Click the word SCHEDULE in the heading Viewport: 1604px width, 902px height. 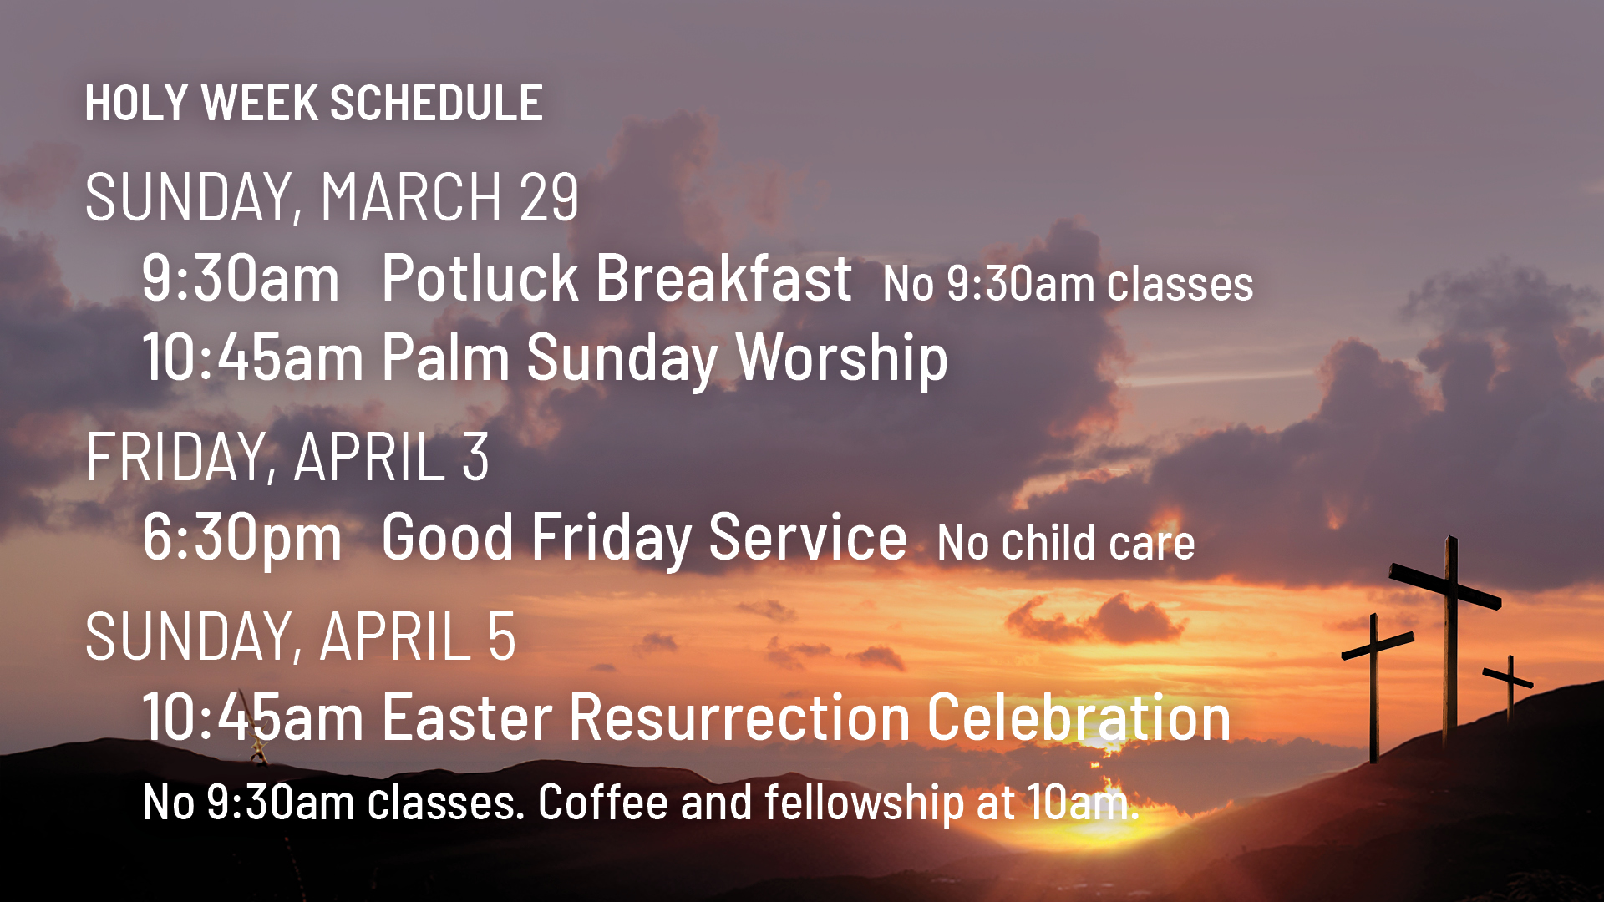pyautogui.click(x=436, y=104)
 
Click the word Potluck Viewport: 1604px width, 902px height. pyautogui.click(x=480, y=278)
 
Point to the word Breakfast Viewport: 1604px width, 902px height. pyautogui.click(x=723, y=278)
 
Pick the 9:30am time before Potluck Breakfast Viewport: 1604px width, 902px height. pyautogui.click(x=241, y=278)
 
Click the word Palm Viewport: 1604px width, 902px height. pyautogui.click(x=445, y=357)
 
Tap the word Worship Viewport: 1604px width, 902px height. pyautogui.click(x=841, y=357)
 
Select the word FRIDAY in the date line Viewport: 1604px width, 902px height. pyautogui.click(x=176, y=458)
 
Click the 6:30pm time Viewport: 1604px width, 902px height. pyautogui.click(x=241, y=537)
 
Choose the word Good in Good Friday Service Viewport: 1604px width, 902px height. pyautogui.click(x=447, y=537)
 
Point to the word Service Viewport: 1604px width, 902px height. pyautogui.click(x=807, y=537)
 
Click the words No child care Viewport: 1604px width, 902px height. pyautogui.click(x=1066, y=543)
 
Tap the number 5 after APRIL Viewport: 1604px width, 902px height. pyautogui.click(x=501, y=636)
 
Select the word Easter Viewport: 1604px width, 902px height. pyautogui.click(x=467, y=717)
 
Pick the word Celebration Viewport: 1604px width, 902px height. pyautogui.click(x=1079, y=717)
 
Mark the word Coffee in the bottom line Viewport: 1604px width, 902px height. pyautogui.click(x=602, y=803)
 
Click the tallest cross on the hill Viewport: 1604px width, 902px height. pyautogui.click(x=1451, y=635)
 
